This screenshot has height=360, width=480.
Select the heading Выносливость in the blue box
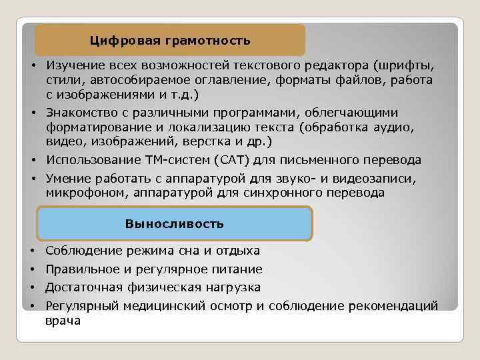tap(175, 223)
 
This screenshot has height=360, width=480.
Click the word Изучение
tap(75, 66)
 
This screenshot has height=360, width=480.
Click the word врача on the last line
tap(63, 321)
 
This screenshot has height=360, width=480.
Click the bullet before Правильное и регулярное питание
tap(32, 270)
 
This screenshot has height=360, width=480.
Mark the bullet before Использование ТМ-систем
tap(32, 161)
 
